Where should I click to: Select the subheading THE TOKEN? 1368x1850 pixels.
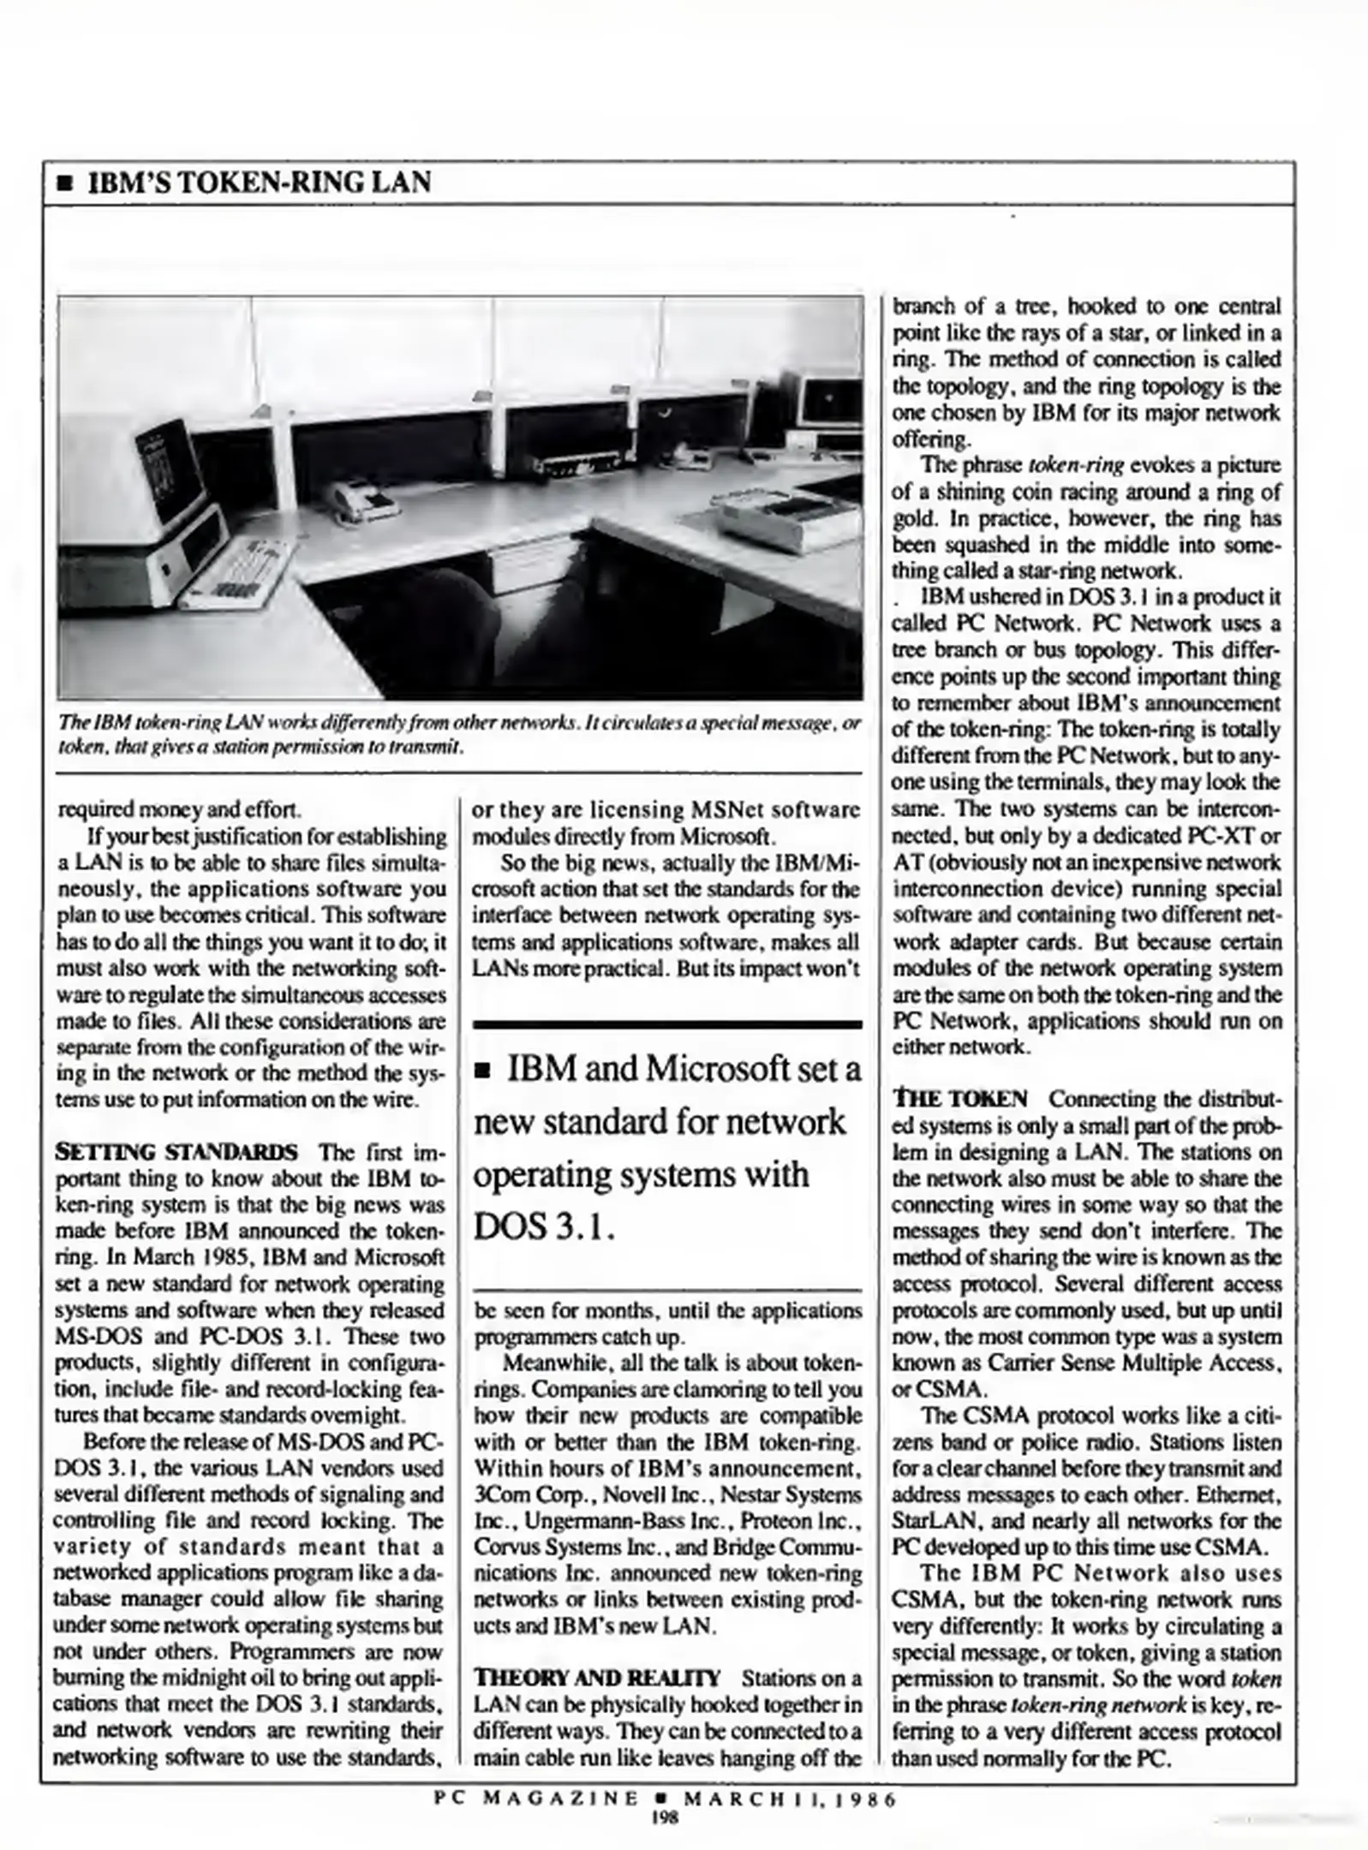[960, 1099]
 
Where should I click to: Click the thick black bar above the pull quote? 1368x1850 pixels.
[667, 1023]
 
